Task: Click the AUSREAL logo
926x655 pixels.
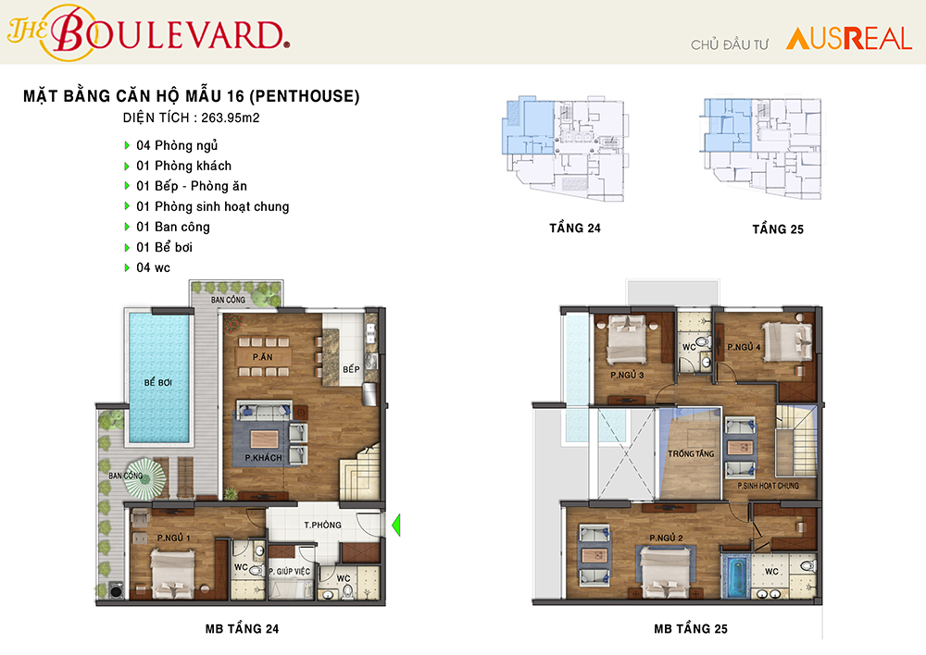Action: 848,39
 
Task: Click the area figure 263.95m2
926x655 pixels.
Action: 231,117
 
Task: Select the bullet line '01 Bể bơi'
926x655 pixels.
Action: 164,247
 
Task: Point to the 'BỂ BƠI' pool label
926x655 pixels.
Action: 158,382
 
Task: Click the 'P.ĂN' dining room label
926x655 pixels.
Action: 263,357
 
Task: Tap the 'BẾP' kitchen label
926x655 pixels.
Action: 351,369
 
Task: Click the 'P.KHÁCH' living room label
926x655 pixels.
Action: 264,458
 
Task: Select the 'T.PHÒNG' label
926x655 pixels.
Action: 322,525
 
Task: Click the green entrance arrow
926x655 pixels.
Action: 396,525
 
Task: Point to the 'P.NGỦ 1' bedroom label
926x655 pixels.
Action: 174,538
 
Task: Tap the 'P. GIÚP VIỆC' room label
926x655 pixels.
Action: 289,571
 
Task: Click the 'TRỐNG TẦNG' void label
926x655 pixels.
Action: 691,453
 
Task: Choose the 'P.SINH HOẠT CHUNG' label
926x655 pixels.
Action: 768,486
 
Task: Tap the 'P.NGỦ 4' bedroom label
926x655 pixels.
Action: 745,347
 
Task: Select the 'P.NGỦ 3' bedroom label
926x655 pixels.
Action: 627,375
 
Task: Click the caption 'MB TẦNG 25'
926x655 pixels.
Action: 691,629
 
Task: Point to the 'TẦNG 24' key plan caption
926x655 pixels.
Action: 575,229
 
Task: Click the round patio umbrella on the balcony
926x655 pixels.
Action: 144,478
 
